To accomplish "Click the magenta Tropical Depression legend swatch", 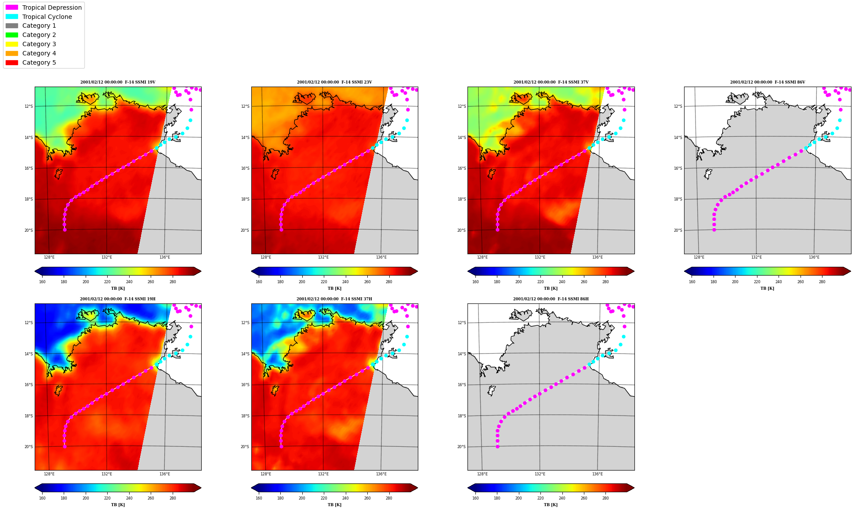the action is click(12, 7).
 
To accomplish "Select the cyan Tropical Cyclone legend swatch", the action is click(12, 17).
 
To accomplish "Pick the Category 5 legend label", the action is click(39, 62).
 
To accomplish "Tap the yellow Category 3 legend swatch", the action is click(12, 44).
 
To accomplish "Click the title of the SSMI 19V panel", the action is click(118, 82).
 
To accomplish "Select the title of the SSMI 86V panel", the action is click(768, 82).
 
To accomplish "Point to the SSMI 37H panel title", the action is click(334, 299).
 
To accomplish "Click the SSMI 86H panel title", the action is click(551, 299).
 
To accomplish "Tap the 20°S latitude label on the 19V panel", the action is click(28, 230).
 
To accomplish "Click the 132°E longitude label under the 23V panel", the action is click(323, 257).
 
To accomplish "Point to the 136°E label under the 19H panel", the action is click(165, 474).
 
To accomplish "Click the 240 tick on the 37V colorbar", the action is click(562, 282).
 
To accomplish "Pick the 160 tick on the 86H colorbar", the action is click(475, 498).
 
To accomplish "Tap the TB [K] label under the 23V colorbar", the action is click(334, 288).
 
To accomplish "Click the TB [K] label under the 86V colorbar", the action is click(768, 288).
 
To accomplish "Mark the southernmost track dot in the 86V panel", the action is click(714, 230).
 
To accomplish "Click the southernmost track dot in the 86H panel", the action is click(497, 446).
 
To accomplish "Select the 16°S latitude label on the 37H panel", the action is click(245, 385).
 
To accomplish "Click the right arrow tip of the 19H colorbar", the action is click(201, 488).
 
